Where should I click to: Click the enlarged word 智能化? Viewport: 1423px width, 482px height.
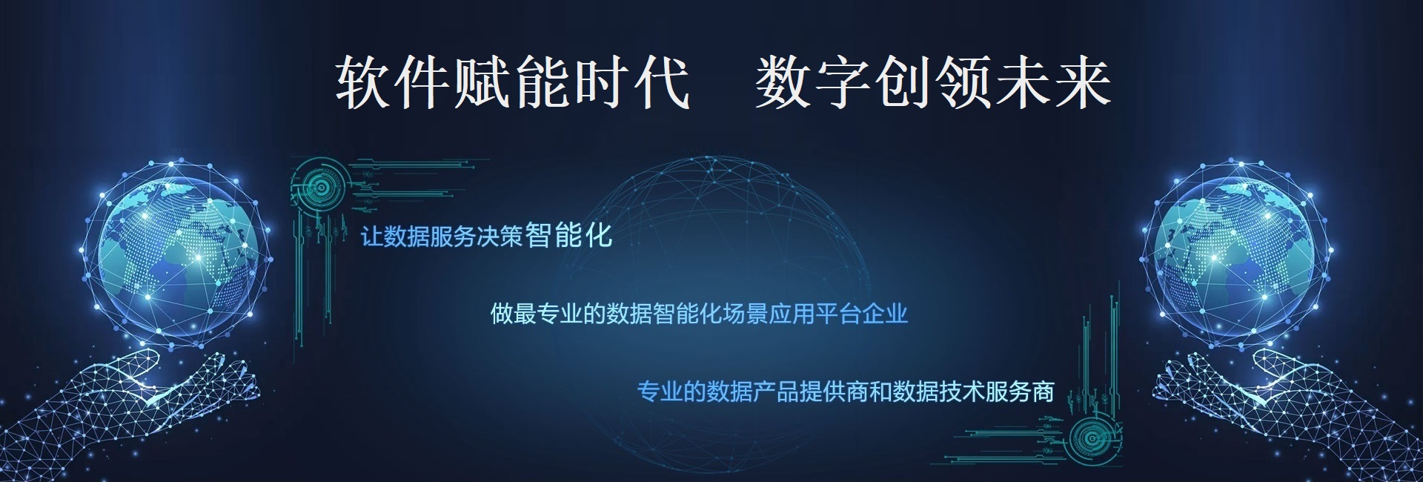coord(569,235)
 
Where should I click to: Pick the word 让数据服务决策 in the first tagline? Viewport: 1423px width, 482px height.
coord(442,237)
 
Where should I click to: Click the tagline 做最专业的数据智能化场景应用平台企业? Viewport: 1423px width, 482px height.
coord(699,314)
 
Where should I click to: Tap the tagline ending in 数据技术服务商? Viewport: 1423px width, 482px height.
coord(846,391)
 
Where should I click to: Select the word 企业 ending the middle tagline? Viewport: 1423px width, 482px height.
coord(886,314)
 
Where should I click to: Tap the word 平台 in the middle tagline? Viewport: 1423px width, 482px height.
coord(839,314)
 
